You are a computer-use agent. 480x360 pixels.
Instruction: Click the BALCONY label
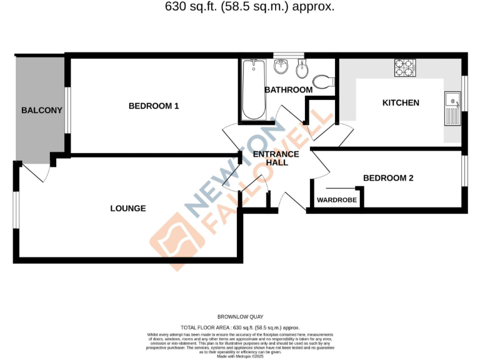[x=42, y=111]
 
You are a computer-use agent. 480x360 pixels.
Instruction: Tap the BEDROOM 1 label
[x=154, y=106]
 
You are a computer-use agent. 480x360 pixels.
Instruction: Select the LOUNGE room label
[x=128, y=208]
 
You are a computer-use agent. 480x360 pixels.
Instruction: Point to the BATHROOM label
[x=288, y=90]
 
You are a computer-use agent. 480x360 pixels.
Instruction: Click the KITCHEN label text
[x=401, y=102]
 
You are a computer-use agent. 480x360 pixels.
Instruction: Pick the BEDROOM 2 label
[x=388, y=178]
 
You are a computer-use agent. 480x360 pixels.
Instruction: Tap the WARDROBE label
[x=337, y=200]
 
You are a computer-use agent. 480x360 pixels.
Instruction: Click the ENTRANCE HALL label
[x=276, y=158]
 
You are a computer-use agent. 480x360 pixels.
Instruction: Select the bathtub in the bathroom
[x=254, y=89]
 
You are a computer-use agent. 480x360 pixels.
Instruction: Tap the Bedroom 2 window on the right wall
[x=464, y=169]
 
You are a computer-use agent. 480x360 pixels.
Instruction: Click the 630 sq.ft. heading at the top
[x=241, y=7]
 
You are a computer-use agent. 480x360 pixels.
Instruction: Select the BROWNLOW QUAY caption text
[x=240, y=317]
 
